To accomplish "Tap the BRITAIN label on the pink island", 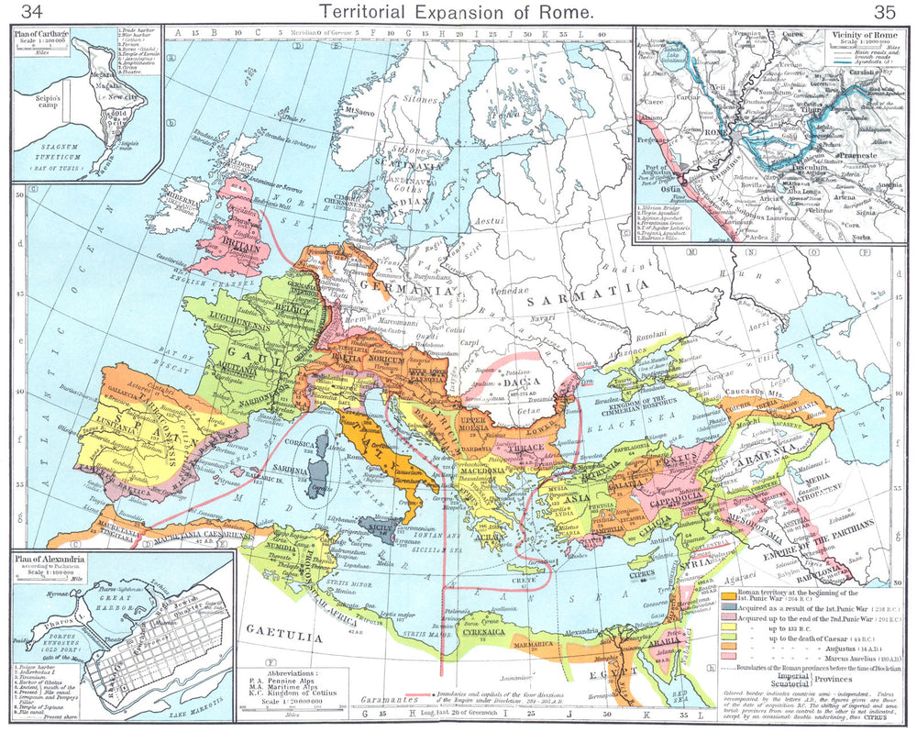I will (x=242, y=248).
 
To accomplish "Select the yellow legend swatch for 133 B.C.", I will (x=729, y=633).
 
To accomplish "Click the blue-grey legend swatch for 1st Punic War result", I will (x=729, y=607).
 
